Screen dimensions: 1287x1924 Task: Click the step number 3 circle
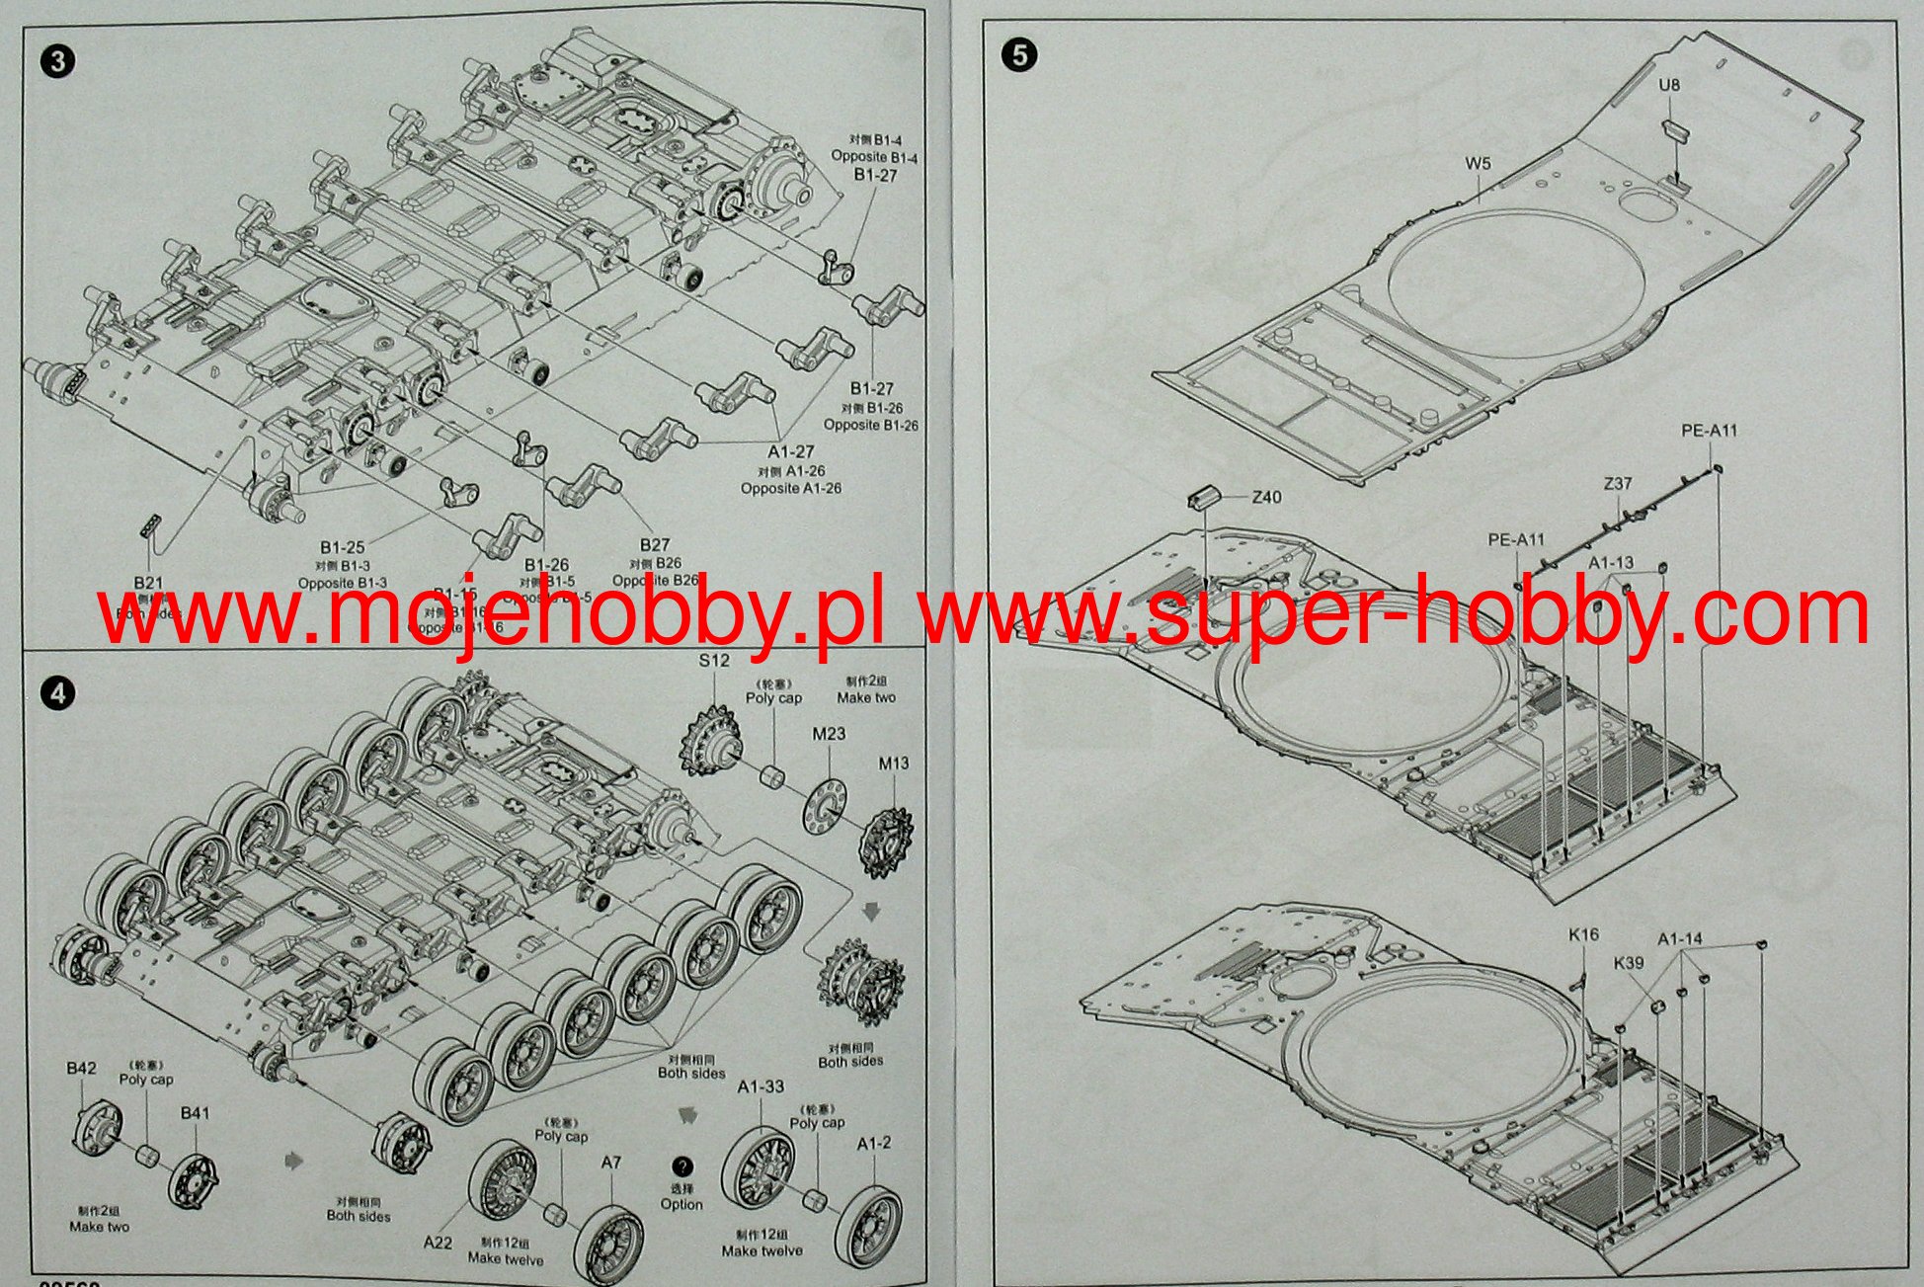point(58,61)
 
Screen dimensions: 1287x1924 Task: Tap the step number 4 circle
point(58,693)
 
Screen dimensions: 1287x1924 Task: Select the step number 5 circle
point(1019,55)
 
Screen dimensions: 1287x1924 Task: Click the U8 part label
point(1668,86)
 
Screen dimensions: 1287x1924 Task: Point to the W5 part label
point(1478,164)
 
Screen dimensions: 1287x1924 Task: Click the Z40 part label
point(1266,497)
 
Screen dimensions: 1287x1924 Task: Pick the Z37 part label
point(1618,484)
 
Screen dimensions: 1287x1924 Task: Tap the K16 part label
point(1583,934)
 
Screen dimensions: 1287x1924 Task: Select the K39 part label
point(1629,963)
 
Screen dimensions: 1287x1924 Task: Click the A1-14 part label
point(1680,938)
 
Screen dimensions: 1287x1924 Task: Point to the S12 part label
point(714,661)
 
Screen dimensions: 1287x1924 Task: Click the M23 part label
point(829,734)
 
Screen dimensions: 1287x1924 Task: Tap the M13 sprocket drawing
point(886,841)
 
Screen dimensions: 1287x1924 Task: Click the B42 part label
point(81,1068)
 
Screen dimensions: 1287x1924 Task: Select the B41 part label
point(195,1113)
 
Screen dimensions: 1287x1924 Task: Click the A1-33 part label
point(761,1086)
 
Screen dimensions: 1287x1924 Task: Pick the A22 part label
point(438,1242)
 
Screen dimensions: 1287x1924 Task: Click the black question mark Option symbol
point(681,1166)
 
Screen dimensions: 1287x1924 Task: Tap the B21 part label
point(148,583)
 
